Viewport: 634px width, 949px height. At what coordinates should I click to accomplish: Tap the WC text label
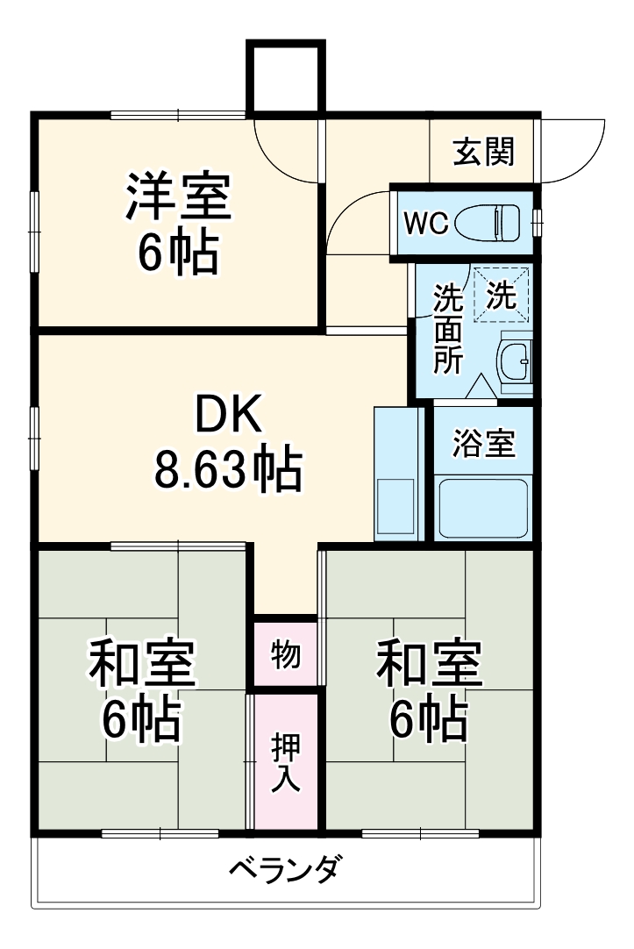pos(425,223)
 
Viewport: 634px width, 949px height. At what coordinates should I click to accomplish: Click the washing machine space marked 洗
pos(502,296)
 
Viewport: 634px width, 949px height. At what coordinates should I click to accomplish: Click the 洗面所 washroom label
pos(449,330)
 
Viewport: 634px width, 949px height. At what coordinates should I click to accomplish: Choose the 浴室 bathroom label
pos(483,444)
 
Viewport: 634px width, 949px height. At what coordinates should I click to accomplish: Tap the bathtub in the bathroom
pos(483,509)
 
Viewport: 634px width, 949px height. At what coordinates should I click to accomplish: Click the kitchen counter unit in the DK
pos(397,474)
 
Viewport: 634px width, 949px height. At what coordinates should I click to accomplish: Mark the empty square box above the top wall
pos(286,77)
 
